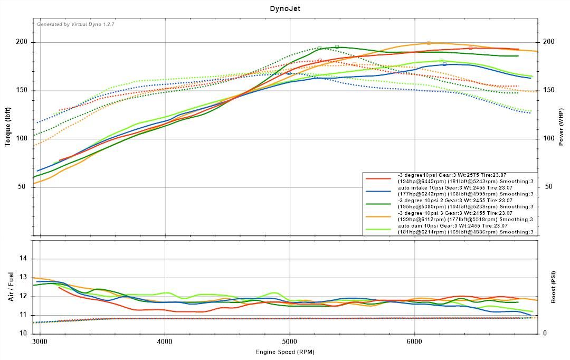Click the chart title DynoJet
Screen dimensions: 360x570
[x=285, y=8]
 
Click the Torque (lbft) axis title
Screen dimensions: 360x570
[x=8, y=127]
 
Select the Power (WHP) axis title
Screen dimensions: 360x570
[x=561, y=127]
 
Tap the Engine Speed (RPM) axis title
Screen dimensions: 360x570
[x=285, y=352]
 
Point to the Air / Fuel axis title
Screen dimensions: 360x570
[x=11, y=287]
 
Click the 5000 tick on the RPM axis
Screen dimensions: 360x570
[x=290, y=342]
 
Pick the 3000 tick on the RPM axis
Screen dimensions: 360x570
[x=40, y=342]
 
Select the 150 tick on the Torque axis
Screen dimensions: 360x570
[x=22, y=90]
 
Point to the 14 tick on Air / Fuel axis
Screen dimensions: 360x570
[x=23, y=259]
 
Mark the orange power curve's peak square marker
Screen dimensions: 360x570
[x=429, y=43]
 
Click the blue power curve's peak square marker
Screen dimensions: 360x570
[x=444, y=64]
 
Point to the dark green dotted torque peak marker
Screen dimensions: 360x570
[x=319, y=48]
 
